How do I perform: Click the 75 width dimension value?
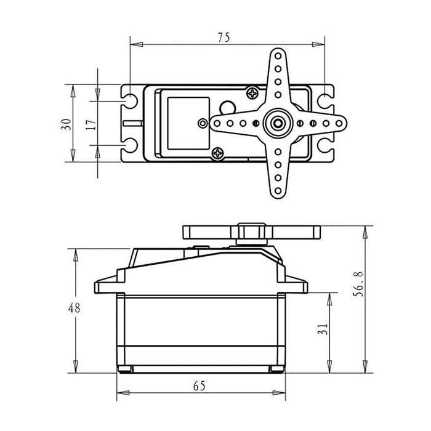click(224, 37)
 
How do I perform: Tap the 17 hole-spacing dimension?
click(91, 124)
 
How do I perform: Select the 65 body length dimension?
click(199, 387)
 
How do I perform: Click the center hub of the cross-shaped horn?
click(279, 123)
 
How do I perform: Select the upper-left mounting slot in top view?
click(130, 99)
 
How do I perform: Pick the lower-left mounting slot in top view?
click(130, 147)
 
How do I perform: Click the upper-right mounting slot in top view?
click(324, 99)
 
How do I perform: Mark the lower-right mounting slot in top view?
click(324, 147)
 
